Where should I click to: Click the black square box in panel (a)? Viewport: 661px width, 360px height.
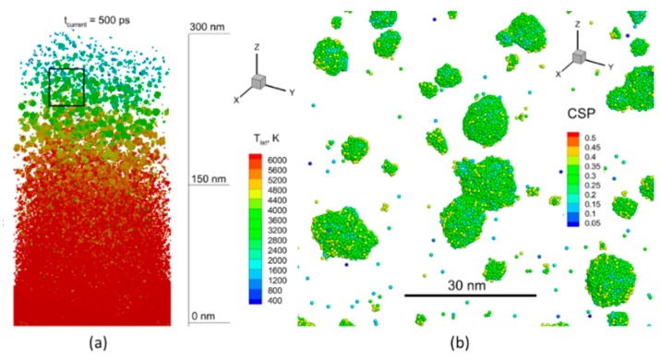pyautogui.click(x=66, y=87)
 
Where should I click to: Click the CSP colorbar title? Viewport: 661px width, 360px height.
pyautogui.click(x=580, y=117)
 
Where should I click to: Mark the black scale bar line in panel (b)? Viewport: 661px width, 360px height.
pyautogui.click(x=470, y=295)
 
